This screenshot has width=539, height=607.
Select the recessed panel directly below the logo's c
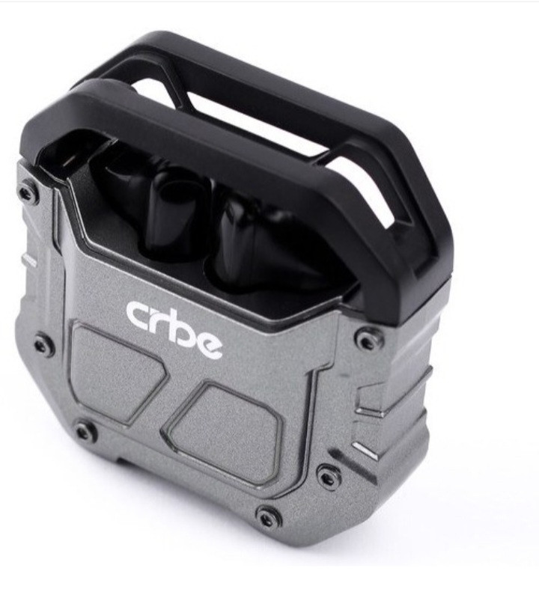click(x=116, y=372)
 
